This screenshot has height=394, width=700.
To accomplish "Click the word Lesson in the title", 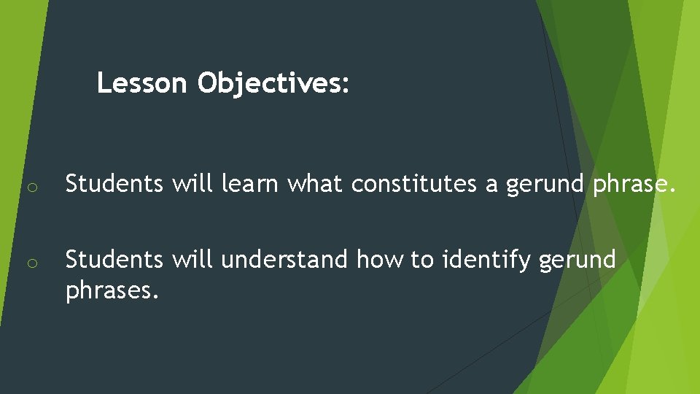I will tap(141, 83).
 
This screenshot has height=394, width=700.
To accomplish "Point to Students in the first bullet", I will tap(114, 185).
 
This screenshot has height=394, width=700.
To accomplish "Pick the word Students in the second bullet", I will tap(114, 260).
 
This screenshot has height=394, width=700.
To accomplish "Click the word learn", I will tap(250, 185).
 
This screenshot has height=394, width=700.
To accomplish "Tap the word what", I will tap(316, 185).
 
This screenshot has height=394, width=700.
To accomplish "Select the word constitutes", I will tap(415, 185).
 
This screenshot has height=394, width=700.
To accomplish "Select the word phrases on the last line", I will tap(112, 291).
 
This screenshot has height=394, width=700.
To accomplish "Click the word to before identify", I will tap(421, 260).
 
